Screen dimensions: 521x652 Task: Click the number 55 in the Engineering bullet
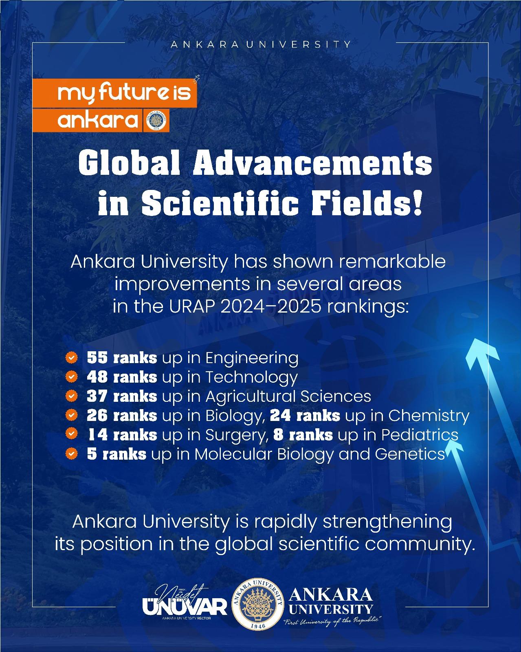tap(97, 358)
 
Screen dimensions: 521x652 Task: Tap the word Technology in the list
tap(252, 378)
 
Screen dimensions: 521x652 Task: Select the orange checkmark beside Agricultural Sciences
tap(71, 396)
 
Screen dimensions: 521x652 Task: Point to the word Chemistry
tap(429, 416)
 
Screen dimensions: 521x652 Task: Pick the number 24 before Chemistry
tap(279, 415)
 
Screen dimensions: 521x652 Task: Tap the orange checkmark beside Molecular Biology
tap(71, 454)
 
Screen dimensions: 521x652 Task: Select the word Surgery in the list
tap(237, 436)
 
